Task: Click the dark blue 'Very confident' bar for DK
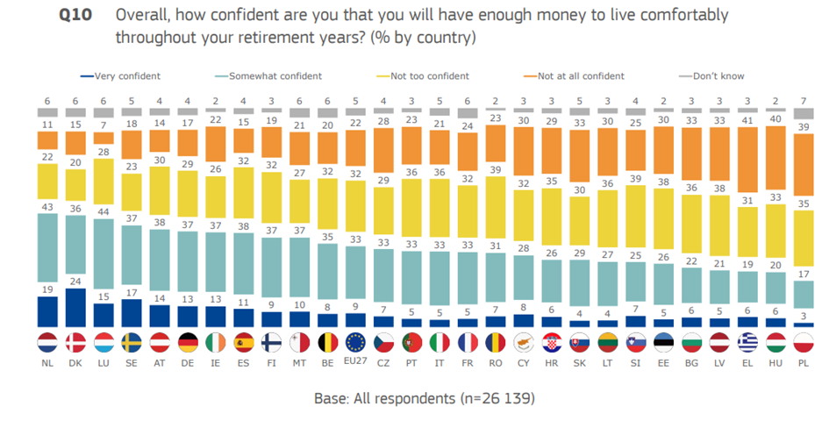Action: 75,307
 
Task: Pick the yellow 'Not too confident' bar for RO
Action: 496,202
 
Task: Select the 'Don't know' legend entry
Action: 718,76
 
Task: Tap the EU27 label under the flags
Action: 356,361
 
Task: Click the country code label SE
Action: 132,361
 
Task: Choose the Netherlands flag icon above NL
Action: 47,342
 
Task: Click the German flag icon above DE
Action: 188,342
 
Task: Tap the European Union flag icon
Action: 356,342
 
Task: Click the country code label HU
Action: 776,361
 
